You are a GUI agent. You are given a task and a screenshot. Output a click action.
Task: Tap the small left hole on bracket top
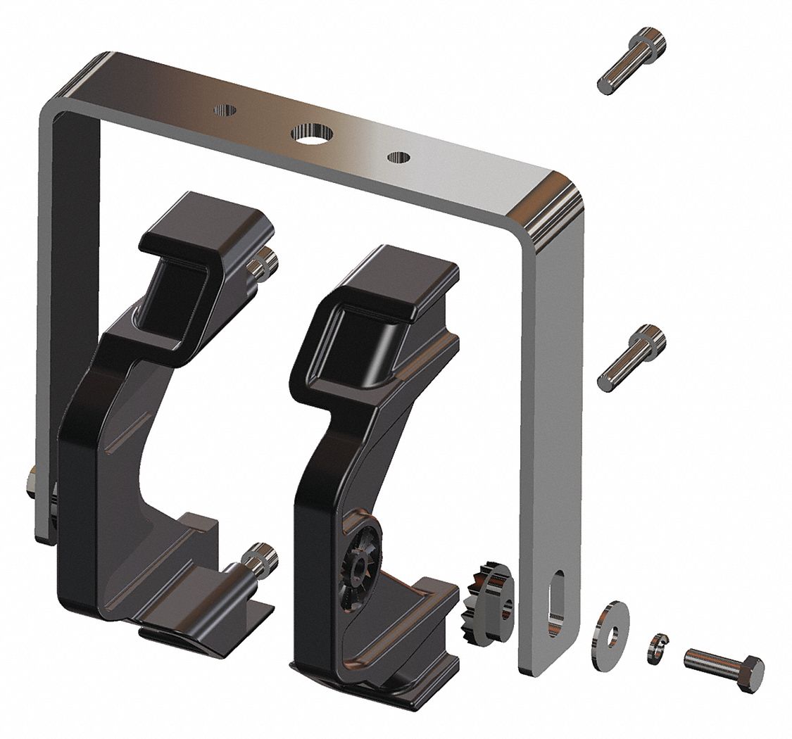point(225,110)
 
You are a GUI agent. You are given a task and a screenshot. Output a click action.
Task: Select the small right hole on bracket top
point(398,157)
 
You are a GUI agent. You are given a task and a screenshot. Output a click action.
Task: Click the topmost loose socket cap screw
point(631,61)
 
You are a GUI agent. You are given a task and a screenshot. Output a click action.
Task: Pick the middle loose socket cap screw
point(631,358)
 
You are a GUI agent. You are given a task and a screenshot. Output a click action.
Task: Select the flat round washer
point(612,626)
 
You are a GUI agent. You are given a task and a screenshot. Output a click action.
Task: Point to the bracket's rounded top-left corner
point(77,84)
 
